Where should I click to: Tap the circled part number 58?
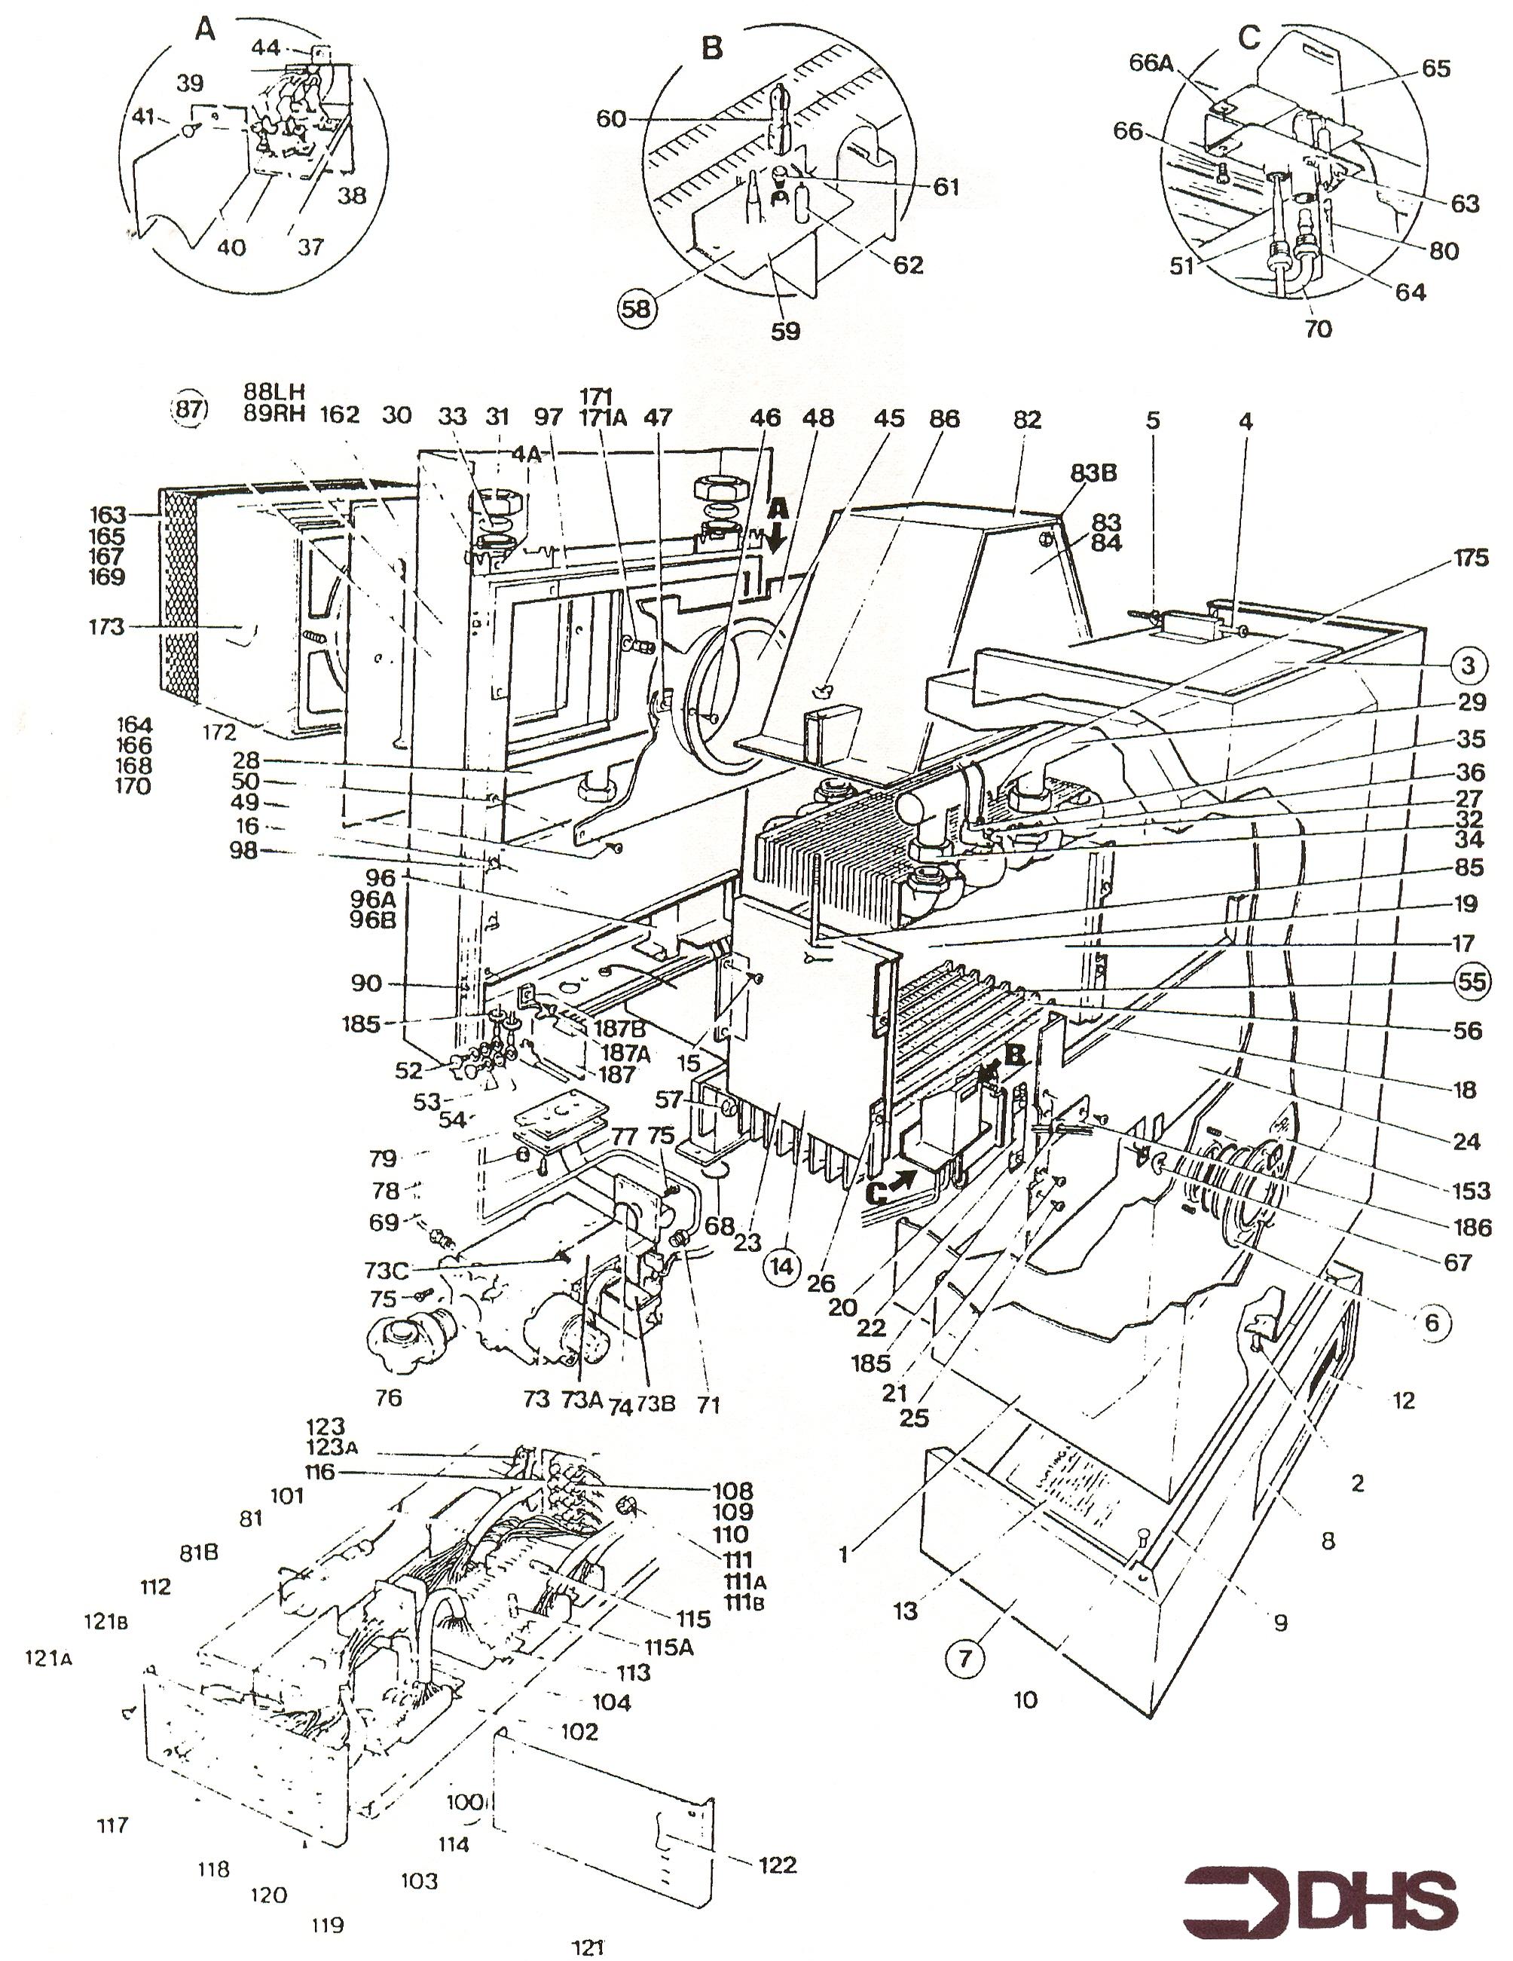(x=637, y=308)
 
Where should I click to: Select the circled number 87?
(x=189, y=410)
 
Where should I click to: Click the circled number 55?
(x=1471, y=981)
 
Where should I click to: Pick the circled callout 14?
(x=781, y=1266)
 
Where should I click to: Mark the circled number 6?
(x=1432, y=1322)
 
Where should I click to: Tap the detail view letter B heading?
(x=711, y=47)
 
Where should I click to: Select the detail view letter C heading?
(x=1249, y=37)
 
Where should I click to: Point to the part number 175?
(x=1470, y=558)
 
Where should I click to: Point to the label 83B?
(x=1091, y=473)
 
